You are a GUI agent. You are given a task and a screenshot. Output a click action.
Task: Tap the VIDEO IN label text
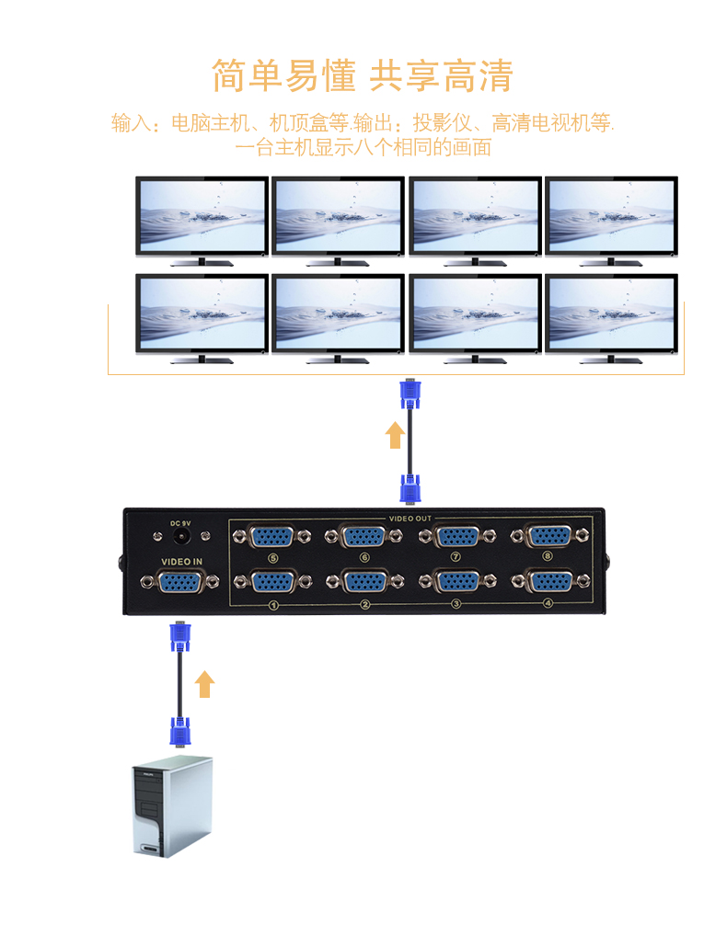pos(181,562)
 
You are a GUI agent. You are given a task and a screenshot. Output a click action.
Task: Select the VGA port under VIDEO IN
pos(180,581)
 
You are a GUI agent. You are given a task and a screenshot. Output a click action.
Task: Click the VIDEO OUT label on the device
pos(410,519)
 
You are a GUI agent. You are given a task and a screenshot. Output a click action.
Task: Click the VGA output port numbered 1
pos(272,581)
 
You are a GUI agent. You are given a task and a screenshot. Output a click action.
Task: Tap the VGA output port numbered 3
pos(456,581)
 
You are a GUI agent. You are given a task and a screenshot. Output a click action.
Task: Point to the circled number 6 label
pos(364,557)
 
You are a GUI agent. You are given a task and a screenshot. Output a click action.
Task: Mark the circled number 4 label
pos(548,604)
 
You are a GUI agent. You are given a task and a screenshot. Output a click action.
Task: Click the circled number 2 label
pos(364,604)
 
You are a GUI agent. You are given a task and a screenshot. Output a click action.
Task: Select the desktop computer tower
pos(170,806)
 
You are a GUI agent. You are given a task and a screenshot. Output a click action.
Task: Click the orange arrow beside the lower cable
pos(204,684)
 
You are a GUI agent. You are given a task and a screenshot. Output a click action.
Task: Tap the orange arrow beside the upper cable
pos(395,434)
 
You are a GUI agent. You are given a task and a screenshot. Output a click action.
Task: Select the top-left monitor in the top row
pos(202,219)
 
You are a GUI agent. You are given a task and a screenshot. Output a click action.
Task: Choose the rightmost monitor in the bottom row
pos(612,316)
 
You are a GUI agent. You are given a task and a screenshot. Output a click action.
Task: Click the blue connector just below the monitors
pos(410,394)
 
